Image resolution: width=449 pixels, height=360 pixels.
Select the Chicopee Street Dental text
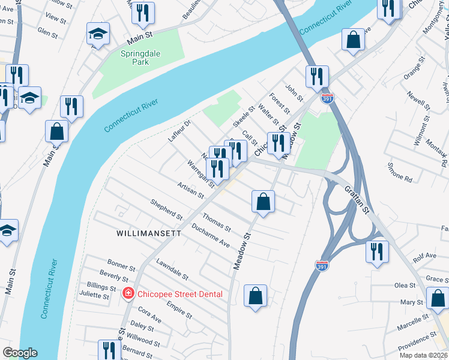click(179, 294)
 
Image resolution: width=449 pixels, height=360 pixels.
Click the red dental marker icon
click(127, 293)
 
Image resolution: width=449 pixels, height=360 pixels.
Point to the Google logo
click(19, 353)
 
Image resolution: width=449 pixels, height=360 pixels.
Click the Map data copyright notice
click(423, 355)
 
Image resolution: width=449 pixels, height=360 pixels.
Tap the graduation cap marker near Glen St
click(98, 34)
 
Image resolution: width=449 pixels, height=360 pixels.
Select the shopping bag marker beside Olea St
click(437, 298)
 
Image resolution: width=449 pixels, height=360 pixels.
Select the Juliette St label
click(94, 295)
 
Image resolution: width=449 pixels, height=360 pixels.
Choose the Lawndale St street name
click(172, 270)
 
